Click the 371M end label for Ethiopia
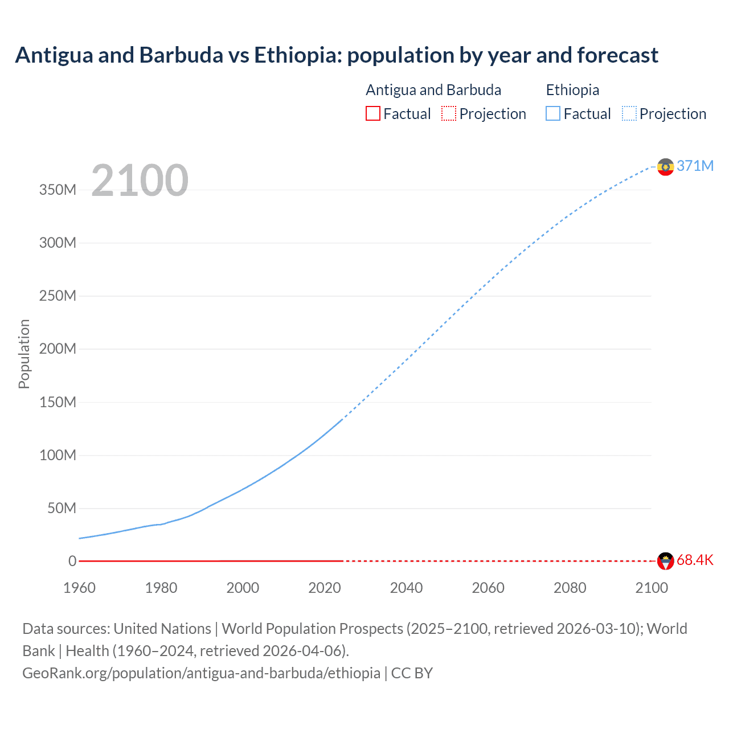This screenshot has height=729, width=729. coord(695,166)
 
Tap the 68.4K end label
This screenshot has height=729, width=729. coord(695,560)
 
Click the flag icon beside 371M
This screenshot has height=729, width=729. coord(665,167)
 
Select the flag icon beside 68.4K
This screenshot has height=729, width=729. coord(665,561)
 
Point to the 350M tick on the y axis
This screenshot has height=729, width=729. coord(58,190)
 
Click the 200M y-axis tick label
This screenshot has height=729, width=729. coord(58,349)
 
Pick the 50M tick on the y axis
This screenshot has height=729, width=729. coord(62,508)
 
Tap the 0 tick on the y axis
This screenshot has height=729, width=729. coord(72,561)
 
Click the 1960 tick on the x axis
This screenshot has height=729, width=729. coord(79,588)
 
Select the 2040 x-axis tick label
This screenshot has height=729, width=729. coord(406,588)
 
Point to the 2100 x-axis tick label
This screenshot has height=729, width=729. coord(652,588)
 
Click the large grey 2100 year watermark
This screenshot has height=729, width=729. coord(140,180)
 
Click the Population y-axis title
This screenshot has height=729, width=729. coord(24,354)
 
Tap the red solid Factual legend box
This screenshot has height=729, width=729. coord(373,113)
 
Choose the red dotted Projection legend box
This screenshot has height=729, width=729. coord(449,113)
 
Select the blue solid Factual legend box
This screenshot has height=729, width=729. coord(553,113)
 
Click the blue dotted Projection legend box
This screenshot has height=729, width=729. coord(629,113)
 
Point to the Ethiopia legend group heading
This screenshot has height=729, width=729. coord(572,90)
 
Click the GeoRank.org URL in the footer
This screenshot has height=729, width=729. coord(201,673)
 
